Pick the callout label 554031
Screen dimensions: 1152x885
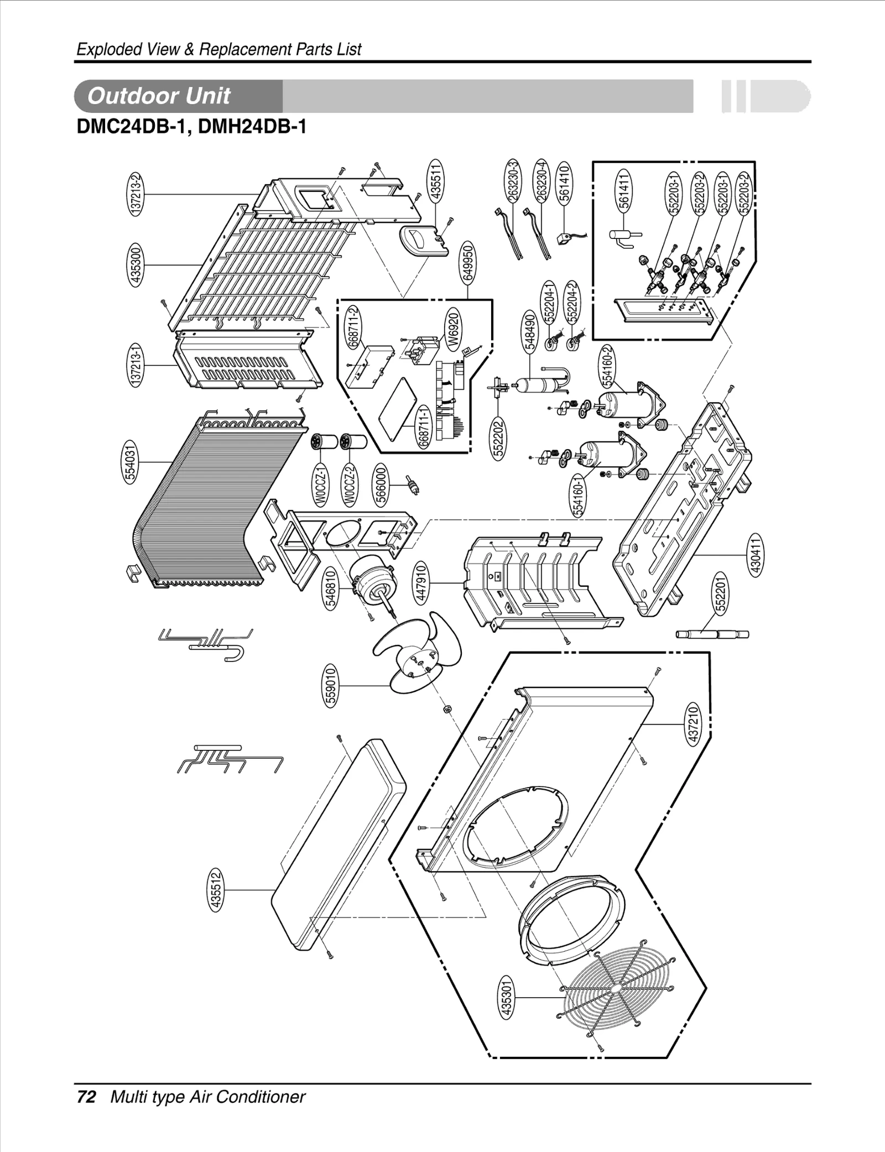coord(131,462)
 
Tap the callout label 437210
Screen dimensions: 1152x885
coord(694,724)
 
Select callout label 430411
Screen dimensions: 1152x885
coord(756,554)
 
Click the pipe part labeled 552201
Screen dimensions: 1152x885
coord(712,634)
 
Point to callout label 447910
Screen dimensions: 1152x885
coord(421,583)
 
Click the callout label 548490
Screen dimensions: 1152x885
coord(529,331)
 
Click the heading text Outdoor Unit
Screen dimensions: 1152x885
coord(159,96)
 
